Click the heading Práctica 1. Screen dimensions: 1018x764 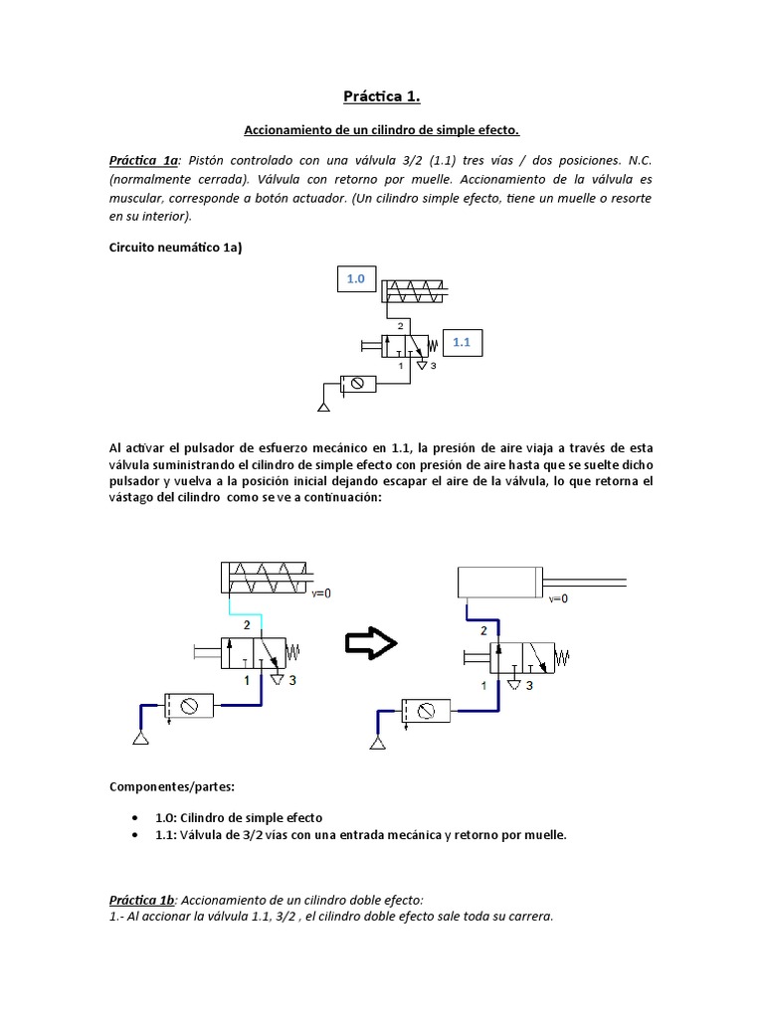[x=382, y=96]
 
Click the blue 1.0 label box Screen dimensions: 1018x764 [x=356, y=280]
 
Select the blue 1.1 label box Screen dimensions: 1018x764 [x=461, y=343]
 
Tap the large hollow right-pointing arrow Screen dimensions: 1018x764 [x=370, y=643]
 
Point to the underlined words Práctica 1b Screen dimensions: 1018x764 [x=142, y=899]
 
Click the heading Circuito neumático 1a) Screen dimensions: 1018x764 [x=175, y=248]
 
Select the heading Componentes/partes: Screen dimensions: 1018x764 [x=171, y=786]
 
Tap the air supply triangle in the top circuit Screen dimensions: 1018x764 [x=323, y=406]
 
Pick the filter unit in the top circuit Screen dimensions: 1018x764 [x=357, y=384]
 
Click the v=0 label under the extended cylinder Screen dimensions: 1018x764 [x=558, y=598]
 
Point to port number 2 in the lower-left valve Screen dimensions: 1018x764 [x=246, y=624]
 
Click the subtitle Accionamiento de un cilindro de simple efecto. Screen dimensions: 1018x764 [x=382, y=130]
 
